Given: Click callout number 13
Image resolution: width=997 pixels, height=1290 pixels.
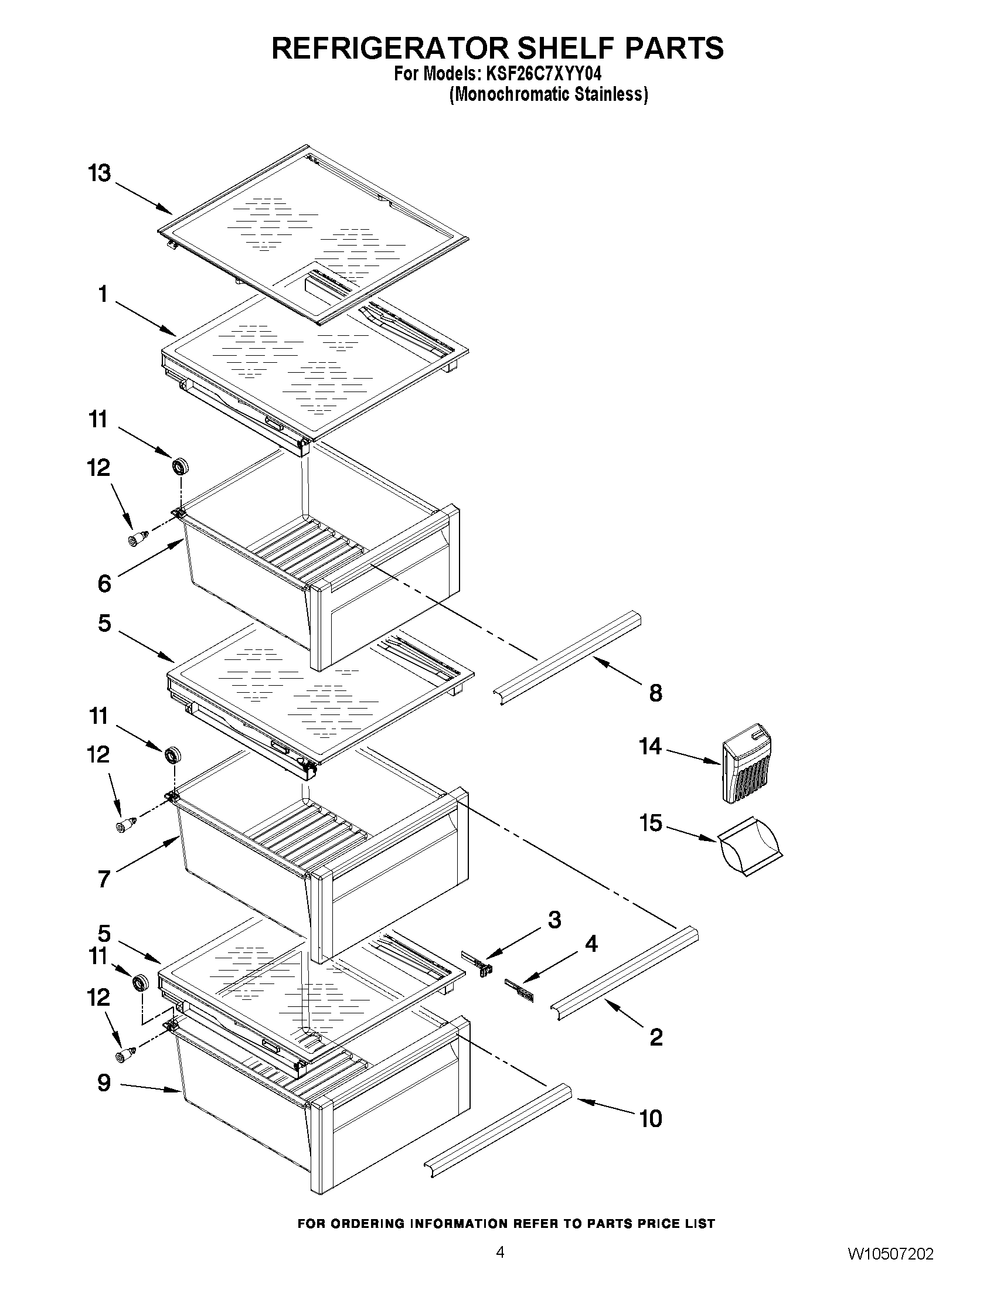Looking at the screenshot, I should tap(100, 173).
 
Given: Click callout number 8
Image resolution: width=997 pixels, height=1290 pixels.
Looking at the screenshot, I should tap(656, 693).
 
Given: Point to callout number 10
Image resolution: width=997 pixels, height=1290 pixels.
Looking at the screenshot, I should tap(651, 1119).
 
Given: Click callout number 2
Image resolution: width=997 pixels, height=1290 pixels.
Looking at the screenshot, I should tap(656, 1037).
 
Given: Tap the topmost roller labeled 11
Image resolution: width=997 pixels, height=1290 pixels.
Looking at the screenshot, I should tap(180, 467).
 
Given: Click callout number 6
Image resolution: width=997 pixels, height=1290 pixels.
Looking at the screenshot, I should tap(104, 584).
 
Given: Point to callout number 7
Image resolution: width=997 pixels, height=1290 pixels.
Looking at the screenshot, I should tap(104, 880).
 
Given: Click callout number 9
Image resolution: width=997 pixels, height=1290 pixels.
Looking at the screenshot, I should tap(104, 1083).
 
